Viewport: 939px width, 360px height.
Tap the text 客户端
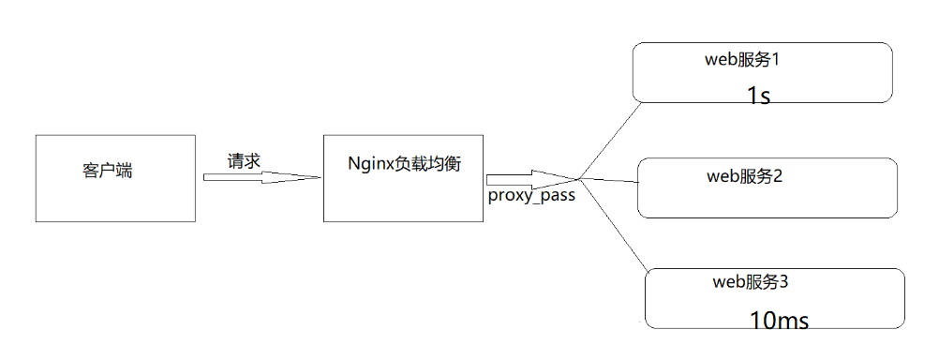click(x=107, y=172)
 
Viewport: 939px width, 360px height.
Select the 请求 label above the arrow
click(x=244, y=160)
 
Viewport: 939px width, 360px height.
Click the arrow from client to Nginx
click(x=254, y=176)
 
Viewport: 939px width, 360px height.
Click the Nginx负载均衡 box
click(x=403, y=197)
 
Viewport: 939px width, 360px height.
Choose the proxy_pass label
click(x=530, y=196)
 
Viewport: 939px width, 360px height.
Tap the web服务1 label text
click(x=743, y=60)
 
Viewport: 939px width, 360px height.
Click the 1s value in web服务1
click(x=758, y=96)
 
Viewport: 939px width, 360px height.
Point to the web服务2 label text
click(x=745, y=175)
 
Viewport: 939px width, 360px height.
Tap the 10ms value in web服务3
click(x=779, y=321)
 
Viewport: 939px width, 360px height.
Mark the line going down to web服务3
click(x=614, y=225)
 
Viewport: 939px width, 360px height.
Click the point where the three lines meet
click(x=579, y=178)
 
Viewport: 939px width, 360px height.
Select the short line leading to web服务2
click(x=609, y=180)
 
